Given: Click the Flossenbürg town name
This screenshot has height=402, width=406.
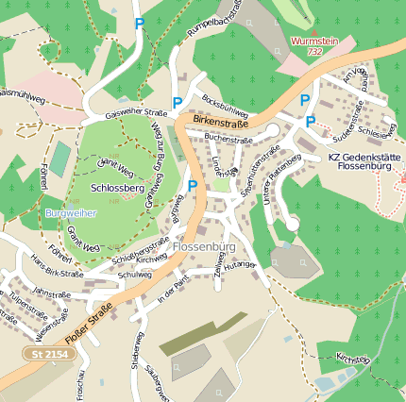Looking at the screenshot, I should tap(204, 247).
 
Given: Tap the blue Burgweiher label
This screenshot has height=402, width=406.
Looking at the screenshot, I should tap(70, 214).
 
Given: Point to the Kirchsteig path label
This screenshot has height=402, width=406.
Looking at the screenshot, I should tap(352, 359).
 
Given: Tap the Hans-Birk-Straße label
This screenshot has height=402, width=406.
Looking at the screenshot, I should tap(56, 266).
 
